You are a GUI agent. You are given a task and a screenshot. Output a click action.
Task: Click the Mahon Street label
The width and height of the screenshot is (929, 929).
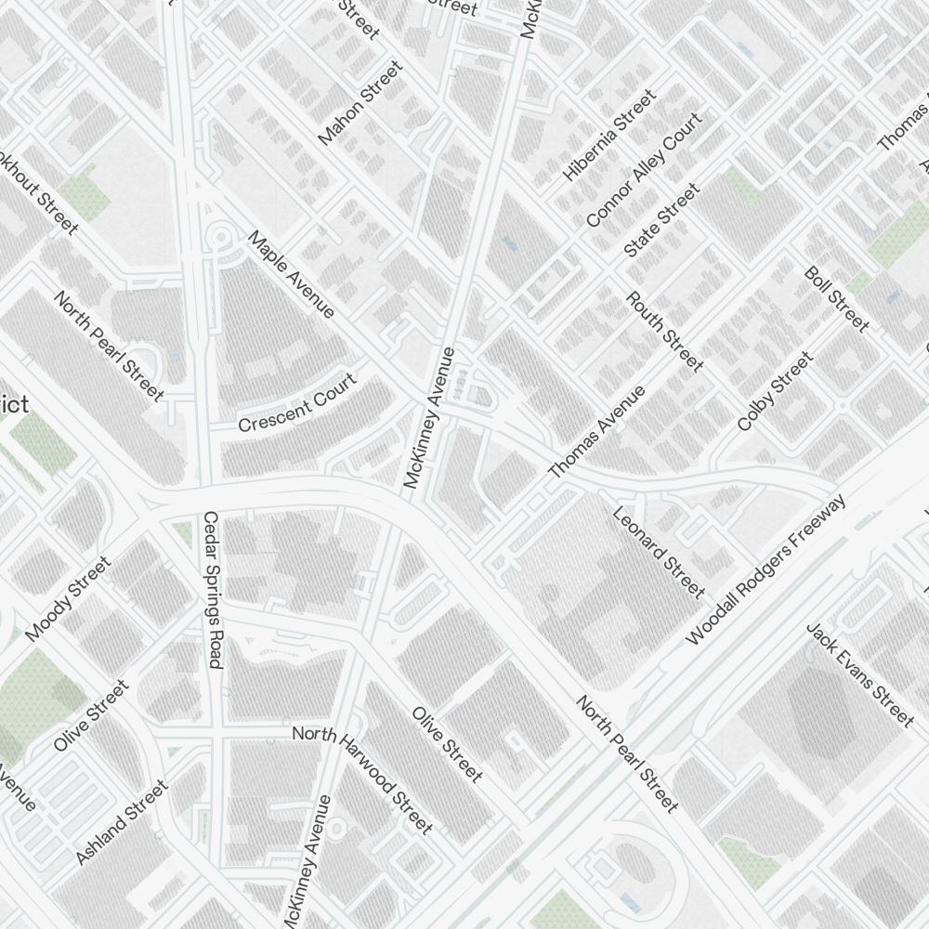click(361, 102)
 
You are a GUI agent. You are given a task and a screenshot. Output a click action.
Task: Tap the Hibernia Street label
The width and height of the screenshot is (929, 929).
click(609, 135)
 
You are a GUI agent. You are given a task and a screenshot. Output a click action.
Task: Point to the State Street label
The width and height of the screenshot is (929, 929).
click(661, 220)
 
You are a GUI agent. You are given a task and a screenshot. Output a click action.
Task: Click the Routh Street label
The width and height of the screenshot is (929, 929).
click(664, 332)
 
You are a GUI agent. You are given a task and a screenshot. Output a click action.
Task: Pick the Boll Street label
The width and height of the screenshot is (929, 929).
click(836, 299)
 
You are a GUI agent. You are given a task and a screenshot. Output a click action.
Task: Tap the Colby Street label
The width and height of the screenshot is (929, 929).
click(774, 390)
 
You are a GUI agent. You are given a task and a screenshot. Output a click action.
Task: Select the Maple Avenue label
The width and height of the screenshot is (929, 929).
click(291, 274)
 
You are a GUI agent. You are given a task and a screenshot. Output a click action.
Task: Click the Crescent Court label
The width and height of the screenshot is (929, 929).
click(296, 403)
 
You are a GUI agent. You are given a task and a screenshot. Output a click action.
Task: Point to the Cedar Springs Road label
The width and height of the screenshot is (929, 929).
click(212, 589)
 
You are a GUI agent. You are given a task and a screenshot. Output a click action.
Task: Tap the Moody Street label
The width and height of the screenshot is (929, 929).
click(68, 598)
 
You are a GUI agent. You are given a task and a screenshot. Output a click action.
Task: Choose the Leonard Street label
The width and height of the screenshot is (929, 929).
click(659, 552)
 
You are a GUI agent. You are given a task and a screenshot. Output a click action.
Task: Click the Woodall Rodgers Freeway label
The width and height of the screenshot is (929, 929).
click(766, 569)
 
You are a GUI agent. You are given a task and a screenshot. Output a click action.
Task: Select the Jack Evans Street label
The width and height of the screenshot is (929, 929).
click(860, 674)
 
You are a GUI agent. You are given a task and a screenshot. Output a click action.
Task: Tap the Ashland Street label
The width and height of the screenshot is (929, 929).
click(122, 822)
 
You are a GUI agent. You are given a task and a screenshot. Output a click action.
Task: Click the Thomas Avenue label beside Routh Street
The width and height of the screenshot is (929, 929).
click(596, 433)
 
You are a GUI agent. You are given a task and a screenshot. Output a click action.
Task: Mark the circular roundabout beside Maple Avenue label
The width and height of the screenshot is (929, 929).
click(221, 238)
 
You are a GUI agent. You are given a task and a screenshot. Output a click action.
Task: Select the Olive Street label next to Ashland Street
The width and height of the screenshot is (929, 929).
click(91, 715)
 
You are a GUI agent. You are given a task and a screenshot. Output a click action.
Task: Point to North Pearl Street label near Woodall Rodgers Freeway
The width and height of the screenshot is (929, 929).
click(627, 754)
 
